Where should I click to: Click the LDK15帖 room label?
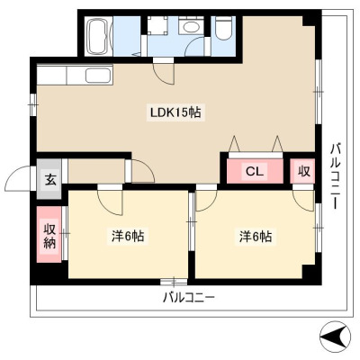[175, 112]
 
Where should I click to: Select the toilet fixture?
[224, 28]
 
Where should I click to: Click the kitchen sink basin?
[98, 75]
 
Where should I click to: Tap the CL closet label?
[255, 171]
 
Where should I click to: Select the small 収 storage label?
[303, 171]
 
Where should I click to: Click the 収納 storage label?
[49, 236]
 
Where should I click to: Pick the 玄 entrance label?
[50, 180]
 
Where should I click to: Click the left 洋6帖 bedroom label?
[128, 236]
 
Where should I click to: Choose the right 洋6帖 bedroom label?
[256, 236]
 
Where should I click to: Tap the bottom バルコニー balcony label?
[189, 298]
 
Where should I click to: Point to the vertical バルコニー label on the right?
[335, 176]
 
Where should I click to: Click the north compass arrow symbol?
[336, 337]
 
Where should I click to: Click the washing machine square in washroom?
[157, 25]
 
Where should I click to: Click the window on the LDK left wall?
[33, 104]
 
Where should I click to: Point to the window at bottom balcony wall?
[174, 282]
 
